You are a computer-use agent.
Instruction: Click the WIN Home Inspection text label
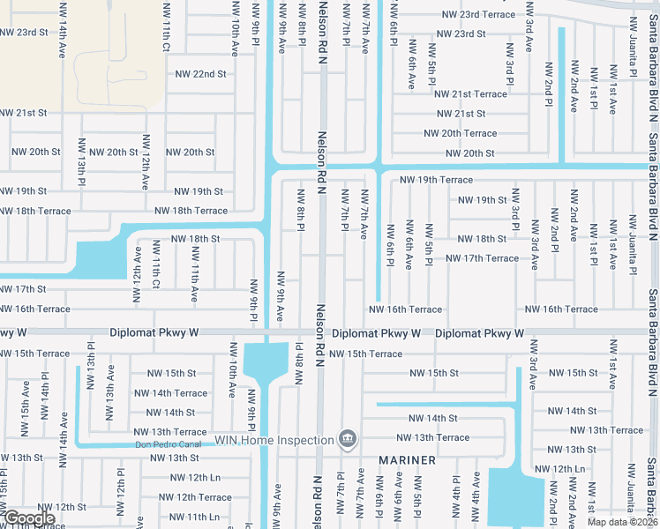point(274,439)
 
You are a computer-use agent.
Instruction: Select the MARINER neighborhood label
point(408,461)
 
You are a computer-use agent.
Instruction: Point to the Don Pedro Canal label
point(168,444)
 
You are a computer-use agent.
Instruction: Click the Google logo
point(28,518)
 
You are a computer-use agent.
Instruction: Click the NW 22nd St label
point(201,74)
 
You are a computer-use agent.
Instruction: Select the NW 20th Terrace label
point(460,133)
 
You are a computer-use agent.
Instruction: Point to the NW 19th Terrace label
point(436,180)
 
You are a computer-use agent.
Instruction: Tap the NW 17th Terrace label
point(482,258)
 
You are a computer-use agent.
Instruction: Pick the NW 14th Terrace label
point(170,393)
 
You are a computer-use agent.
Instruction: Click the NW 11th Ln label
point(191,517)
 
